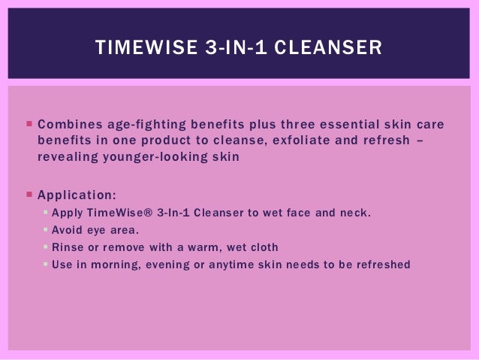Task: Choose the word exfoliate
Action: pyautogui.click(x=297, y=141)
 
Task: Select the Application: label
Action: pyautogui.click(x=77, y=195)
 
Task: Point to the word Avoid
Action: pyautogui.click(x=65, y=230)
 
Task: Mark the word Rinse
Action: pyautogui.click(x=66, y=247)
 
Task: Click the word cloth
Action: pyautogui.click(x=262, y=247)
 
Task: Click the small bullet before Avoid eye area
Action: pyautogui.click(x=46, y=230)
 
